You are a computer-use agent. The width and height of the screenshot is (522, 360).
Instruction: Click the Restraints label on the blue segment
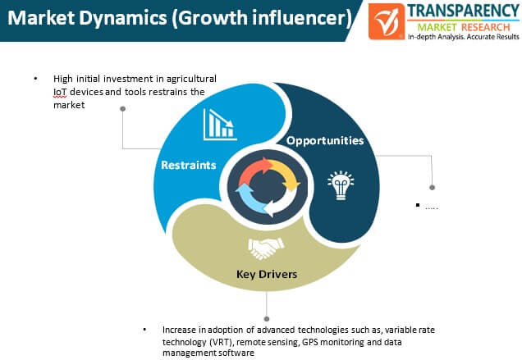[x=189, y=165]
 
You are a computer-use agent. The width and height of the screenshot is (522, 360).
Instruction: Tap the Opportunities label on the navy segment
[x=325, y=141]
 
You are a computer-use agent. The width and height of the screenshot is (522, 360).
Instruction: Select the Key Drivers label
[x=267, y=274]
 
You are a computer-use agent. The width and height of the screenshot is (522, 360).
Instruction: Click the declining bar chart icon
[x=220, y=125]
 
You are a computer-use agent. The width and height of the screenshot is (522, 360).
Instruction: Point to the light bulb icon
[x=341, y=185]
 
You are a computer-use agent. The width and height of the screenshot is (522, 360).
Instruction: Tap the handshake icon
[x=266, y=248]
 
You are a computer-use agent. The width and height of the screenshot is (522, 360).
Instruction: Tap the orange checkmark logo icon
[x=387, y=21]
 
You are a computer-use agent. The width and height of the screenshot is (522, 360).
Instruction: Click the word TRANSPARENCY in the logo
[x=463, y=11]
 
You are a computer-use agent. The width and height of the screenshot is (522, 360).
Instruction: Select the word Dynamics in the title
[x=123, y=18]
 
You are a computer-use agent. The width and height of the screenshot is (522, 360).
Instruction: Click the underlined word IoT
[x=60, y=92]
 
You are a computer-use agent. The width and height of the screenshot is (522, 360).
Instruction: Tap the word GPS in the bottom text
[x=310, y=342]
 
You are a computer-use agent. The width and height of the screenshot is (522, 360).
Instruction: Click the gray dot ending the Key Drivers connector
[x=266, y=319]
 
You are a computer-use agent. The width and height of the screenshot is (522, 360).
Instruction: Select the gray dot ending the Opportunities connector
[x=432, y=187]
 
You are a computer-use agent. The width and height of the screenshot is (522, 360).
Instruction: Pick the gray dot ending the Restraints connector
[x=122, y=109]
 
